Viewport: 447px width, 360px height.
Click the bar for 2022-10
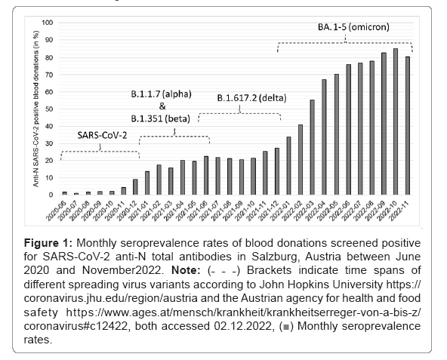tap(396, 122)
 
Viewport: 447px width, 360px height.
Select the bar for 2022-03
tap(312, 147)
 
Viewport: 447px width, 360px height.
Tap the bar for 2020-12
tap(135, 187)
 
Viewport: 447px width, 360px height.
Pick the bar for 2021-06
tap(206, 176)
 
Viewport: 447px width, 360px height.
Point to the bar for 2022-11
tap(408, 126)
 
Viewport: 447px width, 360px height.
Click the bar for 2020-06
tap(65, 193)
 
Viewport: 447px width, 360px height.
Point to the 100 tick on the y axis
tap(48, 23)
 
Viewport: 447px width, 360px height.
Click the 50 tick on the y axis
tap(49, 109)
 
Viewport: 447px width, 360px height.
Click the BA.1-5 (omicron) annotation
tap(353, 27)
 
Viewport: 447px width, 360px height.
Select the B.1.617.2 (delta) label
tap(251, 98)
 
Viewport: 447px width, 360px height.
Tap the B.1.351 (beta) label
tap(161, 118)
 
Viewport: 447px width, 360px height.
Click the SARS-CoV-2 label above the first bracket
tap(102, 135)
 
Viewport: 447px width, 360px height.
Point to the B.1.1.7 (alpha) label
tap(161, 94)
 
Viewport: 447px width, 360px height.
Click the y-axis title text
tap(36, 109)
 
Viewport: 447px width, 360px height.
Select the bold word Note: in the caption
tap(186, 270)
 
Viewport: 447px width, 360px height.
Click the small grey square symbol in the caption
tap(286, 327)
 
